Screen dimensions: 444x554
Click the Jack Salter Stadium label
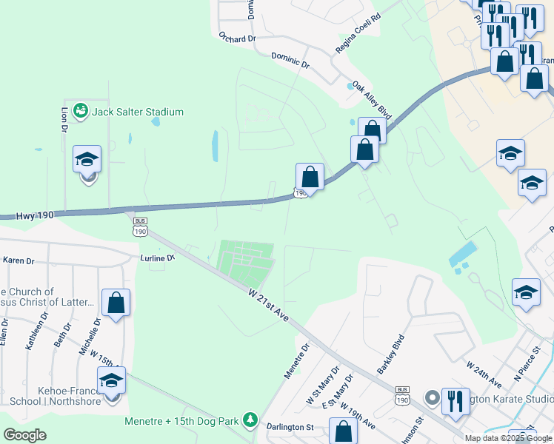click(x=137, y=112)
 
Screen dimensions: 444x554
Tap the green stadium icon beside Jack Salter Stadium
click(x=81, y=112)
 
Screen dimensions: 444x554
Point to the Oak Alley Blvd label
click(x=371, y=100)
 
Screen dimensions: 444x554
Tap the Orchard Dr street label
click(x=237, y=36)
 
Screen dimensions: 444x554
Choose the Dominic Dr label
click(x=290, y=59)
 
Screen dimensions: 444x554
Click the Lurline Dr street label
click(x=157, y=258)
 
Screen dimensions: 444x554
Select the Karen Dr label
click(x=19, y=260)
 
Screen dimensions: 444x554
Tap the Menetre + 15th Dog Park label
click(x=181, y=421)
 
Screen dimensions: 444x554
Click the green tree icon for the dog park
click(x=251, y=420)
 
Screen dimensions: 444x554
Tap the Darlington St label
click(x=290, y=427)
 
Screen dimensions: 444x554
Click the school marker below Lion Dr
click(x=87, y=161)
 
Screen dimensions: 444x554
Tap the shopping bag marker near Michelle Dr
click(x=116, y=303)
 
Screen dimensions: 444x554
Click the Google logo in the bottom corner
click(x=24, y=435)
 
